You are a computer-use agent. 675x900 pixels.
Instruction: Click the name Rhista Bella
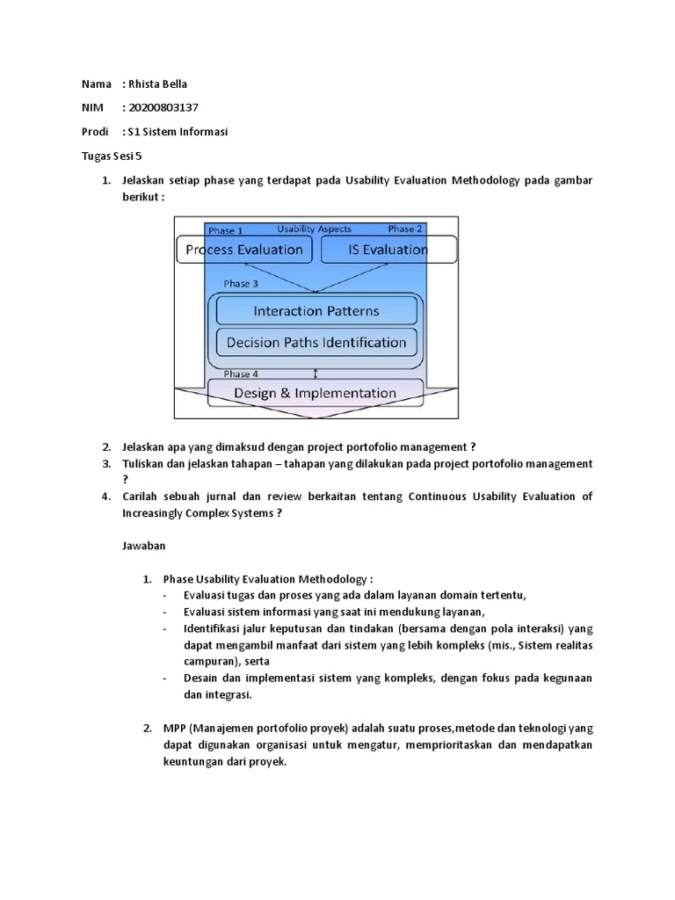(158, 84)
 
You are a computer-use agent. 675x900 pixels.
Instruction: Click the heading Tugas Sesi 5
(112, 156)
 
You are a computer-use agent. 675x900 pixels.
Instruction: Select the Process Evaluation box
(244, 250)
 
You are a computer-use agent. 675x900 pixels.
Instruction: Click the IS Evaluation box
(388, 250)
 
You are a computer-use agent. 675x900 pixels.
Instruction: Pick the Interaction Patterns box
(316, 310)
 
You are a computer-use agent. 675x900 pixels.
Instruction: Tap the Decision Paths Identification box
(316, 343)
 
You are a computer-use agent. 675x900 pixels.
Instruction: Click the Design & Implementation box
(316, 393)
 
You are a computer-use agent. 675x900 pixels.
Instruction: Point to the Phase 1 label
(226, 230)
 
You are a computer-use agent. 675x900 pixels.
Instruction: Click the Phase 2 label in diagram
(405, 229)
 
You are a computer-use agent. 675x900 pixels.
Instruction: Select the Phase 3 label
(241, 284)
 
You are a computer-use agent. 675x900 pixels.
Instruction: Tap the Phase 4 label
(241, 374)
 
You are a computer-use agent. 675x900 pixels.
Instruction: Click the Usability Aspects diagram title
(314, 229)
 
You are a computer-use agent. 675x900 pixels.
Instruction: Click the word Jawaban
(143, 545)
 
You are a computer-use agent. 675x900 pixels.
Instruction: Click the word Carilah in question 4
(144, 497)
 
